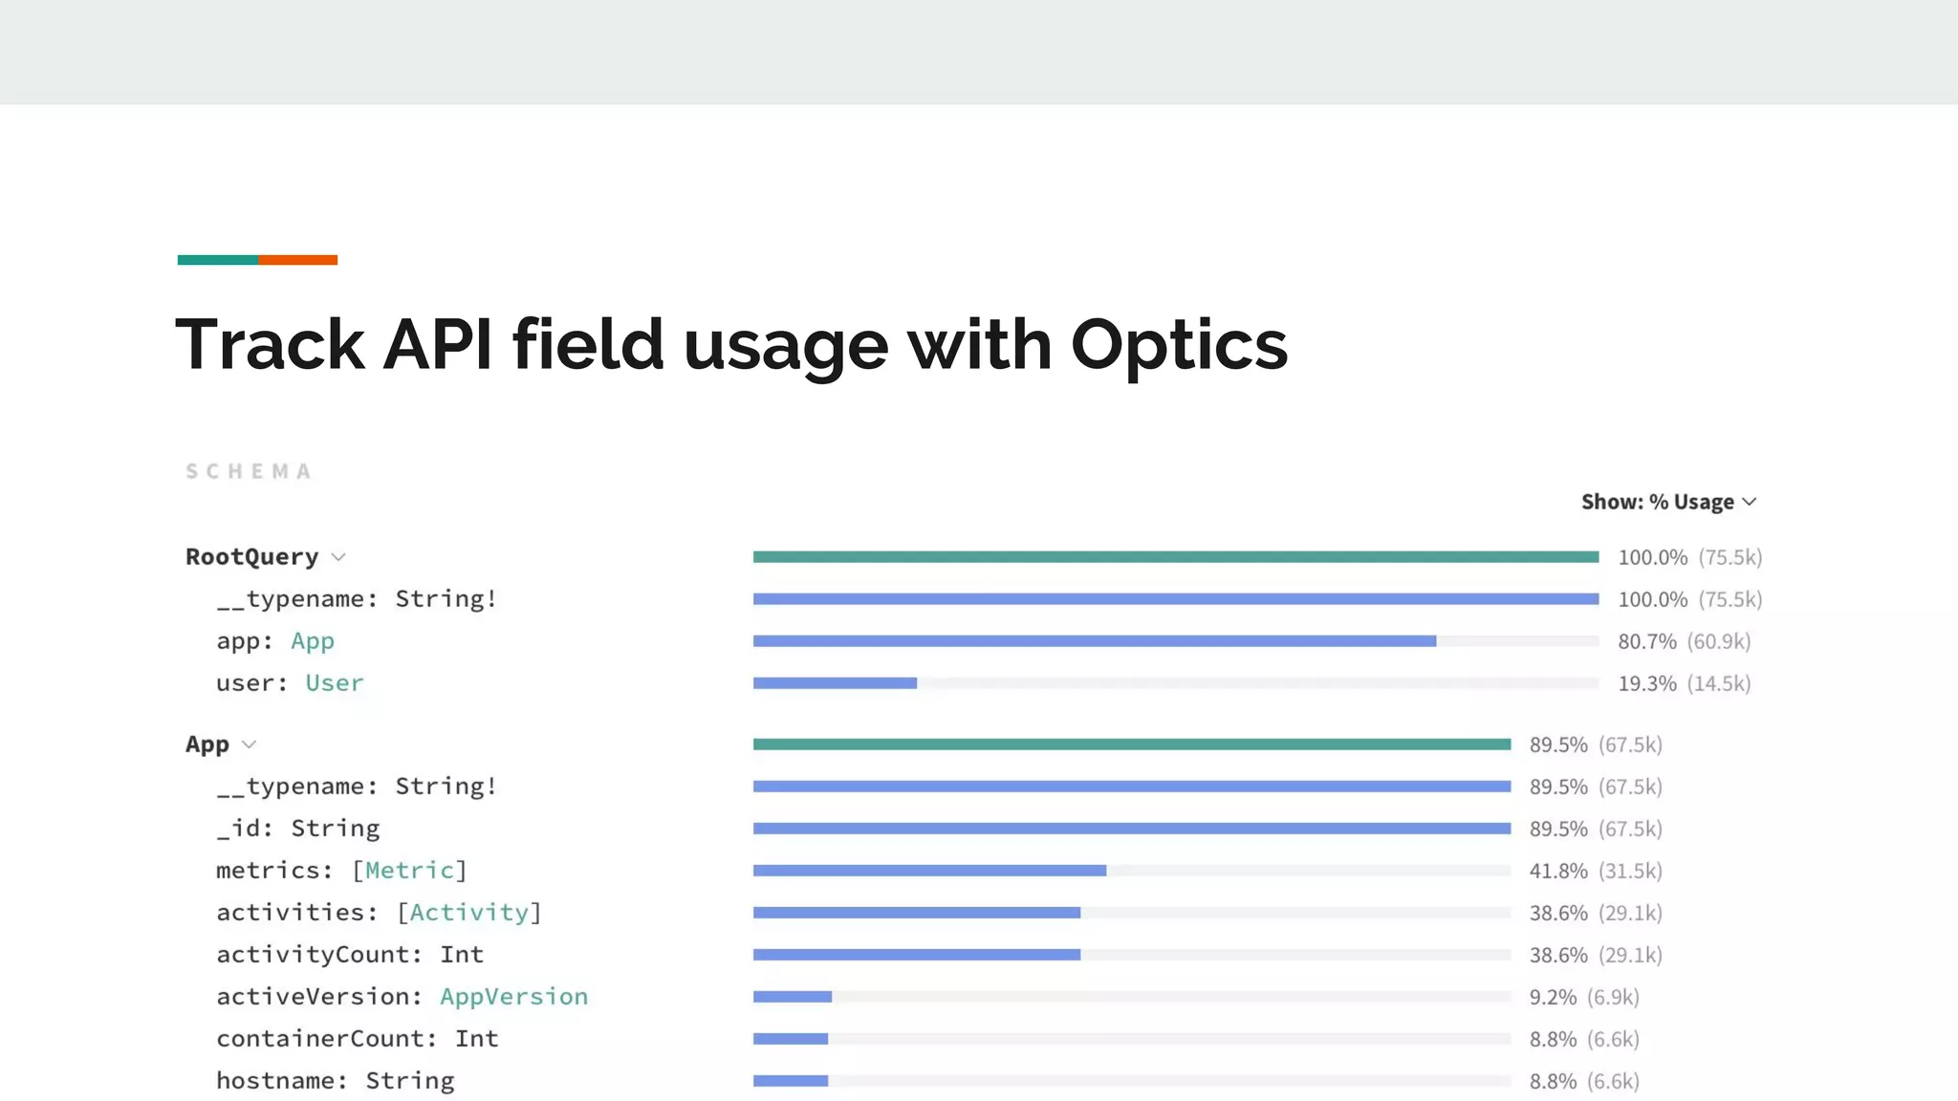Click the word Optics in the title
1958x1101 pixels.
point(1179,346)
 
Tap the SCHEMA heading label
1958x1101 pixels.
point(249,472)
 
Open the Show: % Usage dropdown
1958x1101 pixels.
point(1668,502)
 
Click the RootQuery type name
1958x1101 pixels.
point(251,557)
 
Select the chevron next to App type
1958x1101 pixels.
point(250,745)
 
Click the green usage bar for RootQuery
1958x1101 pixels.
point(1175,557)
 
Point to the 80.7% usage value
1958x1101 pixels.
point(1646,641)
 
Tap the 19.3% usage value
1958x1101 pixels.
point(1646,683)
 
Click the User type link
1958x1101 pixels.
point(335,683)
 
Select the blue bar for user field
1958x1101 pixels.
point(835,683)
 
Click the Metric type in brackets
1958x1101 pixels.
point(409,871)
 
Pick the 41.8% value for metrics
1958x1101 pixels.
point(1557,871)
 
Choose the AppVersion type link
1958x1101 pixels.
point(513,997)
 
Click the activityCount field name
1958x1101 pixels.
point(318,955)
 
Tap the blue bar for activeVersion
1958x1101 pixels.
point(792,997)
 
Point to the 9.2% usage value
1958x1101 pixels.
point(1553,997)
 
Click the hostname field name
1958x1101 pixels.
point(275,1081)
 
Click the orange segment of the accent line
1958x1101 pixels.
point(297,260)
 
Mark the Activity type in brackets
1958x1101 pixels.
point(468,913)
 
